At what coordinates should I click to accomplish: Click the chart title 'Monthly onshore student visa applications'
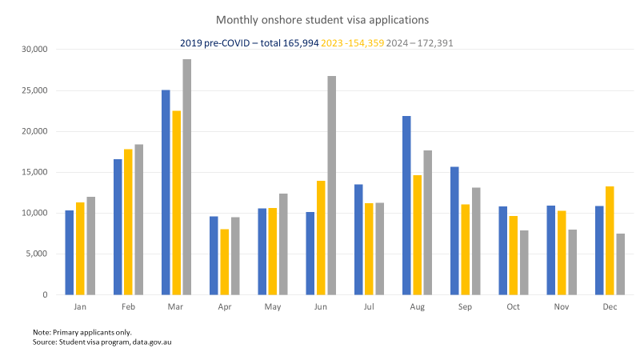tap(321, 18)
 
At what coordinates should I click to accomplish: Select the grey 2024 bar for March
tap(186, 177)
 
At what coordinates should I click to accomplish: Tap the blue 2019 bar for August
tap(406, 206)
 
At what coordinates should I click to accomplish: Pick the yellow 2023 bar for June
tap(321, 238)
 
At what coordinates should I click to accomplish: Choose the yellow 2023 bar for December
tap(610, 241)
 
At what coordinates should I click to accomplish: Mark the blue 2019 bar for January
tap(70, 253)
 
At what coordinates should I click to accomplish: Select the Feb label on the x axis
tap(128, 307)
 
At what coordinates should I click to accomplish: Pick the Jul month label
tap(369, 307)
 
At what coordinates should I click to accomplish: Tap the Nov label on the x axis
tap(562, 307)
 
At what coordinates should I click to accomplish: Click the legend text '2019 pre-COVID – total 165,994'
tap(250, 42)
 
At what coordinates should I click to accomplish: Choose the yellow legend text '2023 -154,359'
tap(352, 42)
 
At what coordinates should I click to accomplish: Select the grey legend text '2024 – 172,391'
tap(419, 42)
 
